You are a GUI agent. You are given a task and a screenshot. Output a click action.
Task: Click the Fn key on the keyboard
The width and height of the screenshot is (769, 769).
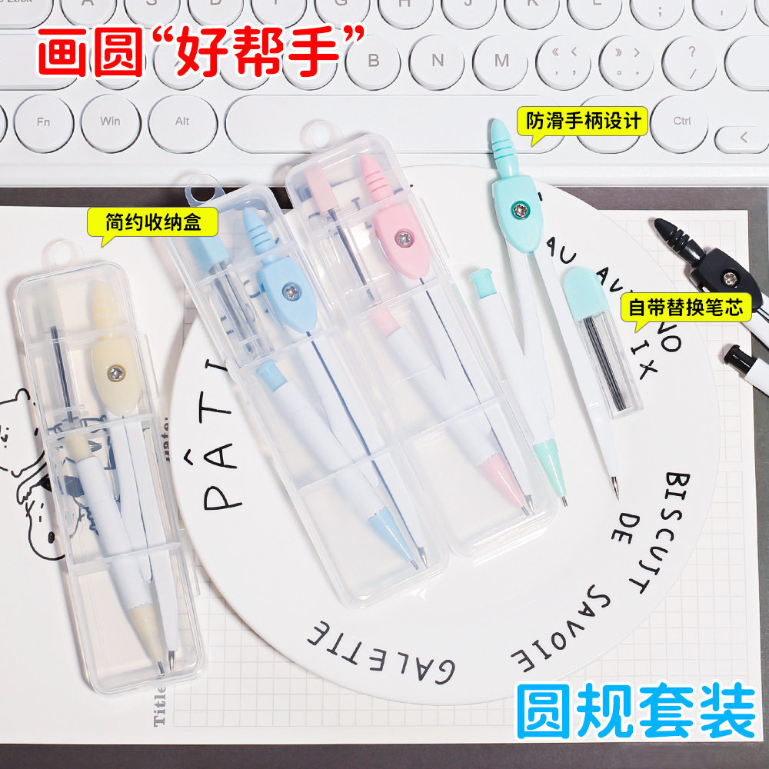coord(43,122)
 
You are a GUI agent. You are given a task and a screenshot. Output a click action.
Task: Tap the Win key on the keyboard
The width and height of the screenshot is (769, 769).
coord(110,122)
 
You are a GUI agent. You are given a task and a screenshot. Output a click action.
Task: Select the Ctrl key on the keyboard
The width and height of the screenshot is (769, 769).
coord(681,122)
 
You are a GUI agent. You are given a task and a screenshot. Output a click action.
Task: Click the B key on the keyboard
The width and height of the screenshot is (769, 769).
coord(374,61)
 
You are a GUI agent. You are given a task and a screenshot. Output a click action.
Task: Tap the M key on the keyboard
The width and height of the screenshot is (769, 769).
coord(501,61)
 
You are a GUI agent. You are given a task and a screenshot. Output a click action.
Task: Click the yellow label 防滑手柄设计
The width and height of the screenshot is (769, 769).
coord(584,122)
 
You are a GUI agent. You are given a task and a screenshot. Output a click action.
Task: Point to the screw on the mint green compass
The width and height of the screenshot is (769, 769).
coord(523,209)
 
